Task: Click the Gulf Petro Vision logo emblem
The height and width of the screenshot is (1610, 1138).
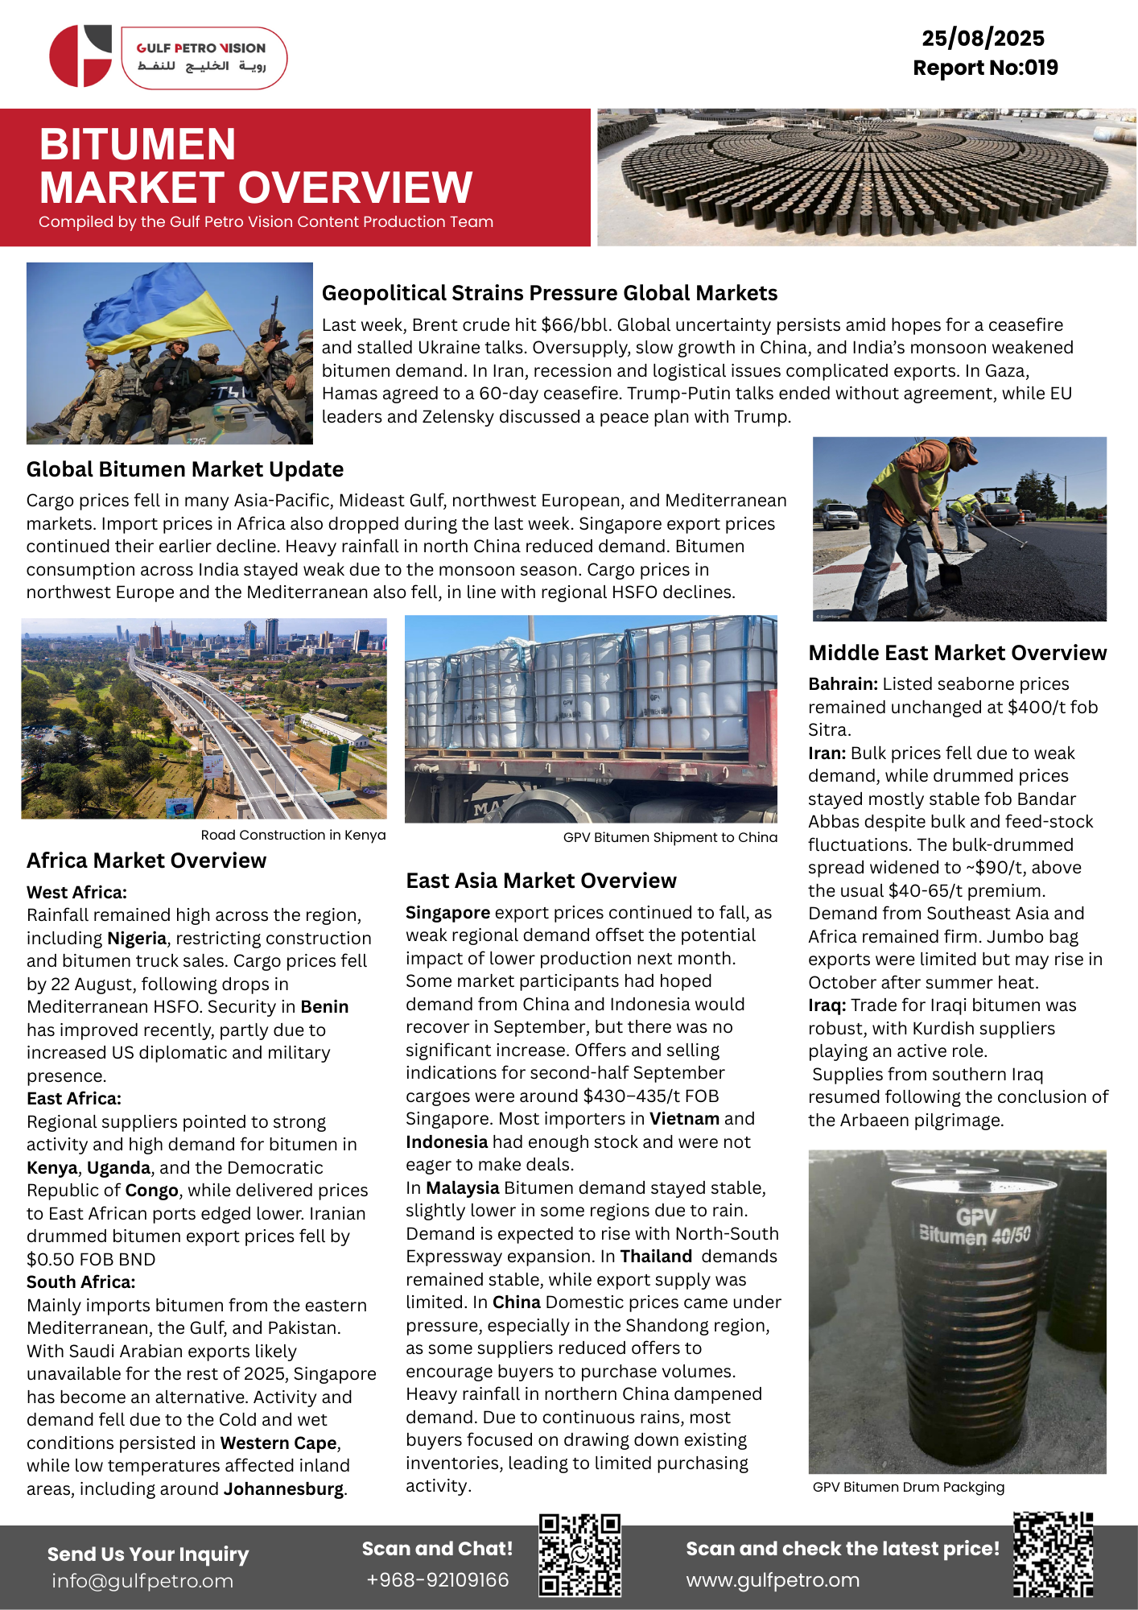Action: point(80,56)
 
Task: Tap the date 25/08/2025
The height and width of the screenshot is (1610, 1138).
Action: point(983,38)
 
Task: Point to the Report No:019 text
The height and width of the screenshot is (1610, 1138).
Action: point(985,68)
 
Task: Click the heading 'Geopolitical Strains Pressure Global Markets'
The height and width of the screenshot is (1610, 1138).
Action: point(550,293)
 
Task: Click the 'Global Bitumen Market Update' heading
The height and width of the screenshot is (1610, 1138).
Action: point(185,469)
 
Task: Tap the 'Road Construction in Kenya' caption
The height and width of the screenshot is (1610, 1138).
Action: point(293,835)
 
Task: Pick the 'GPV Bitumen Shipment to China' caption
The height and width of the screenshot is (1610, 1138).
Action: point(670,837)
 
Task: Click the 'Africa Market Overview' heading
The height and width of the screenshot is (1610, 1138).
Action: point(146,861)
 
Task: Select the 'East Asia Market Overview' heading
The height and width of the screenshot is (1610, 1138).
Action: point(541,881)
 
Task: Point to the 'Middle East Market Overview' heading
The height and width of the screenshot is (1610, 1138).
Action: point(958,653)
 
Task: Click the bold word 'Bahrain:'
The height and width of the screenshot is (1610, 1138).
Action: point(843,684)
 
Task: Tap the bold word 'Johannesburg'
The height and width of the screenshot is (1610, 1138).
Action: point(283,1489)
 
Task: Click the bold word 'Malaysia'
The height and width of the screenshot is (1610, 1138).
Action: point(462,1188)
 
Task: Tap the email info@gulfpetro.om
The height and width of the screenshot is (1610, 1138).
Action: point(142,1581)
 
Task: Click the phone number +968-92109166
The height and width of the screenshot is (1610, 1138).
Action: point(437,1580)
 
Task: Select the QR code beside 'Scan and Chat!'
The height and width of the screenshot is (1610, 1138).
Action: point(579,1555)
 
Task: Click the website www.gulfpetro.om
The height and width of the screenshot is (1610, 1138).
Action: point(773,1580)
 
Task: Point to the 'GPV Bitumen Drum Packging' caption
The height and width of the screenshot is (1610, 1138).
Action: point(909,1487)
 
